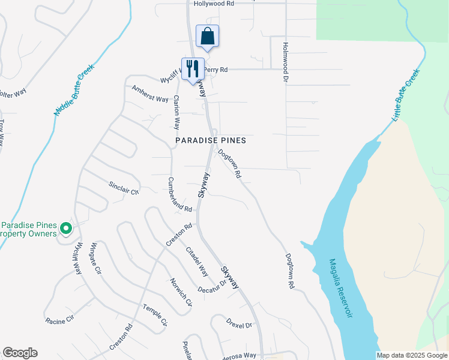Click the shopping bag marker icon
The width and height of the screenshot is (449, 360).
coord(207,36)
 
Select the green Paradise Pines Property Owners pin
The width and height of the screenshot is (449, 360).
coord(66,229)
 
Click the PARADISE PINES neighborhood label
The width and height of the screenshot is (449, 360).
coord(211,140)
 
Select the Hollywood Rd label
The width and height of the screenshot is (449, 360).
coord(214,4)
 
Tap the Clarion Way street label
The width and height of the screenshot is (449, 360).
coord(176,112)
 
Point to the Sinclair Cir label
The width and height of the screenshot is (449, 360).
coord(124,188)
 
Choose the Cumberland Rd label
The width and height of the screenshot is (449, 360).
coord(179,195)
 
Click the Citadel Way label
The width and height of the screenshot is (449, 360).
coord(197,261)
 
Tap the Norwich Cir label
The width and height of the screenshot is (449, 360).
coord(180,292)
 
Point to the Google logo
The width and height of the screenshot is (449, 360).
coord(20,353)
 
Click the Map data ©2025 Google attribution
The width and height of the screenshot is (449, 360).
coord(412,355)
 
